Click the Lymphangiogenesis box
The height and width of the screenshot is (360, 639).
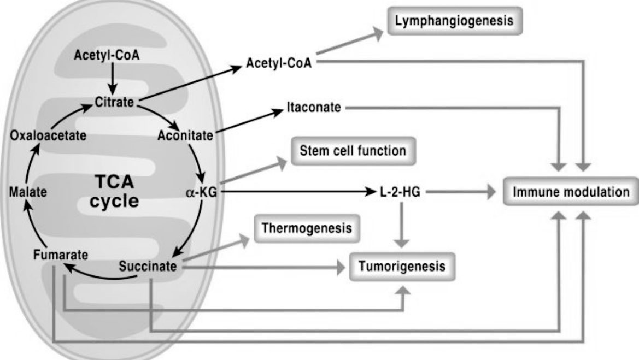tap(454, 21)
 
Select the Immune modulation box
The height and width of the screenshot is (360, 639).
tap(571, 191)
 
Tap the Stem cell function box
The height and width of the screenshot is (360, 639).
tap(353, 151)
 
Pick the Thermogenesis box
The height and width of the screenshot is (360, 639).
tap(307, 228)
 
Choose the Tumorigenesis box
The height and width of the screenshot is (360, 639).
tap(402, 267)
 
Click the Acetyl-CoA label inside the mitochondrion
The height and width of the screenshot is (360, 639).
tap(107, 55)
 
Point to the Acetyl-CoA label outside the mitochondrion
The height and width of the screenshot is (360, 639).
tap(279, 63)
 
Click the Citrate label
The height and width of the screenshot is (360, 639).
tap(114, 102)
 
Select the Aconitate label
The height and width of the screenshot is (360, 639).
tap(185, 135)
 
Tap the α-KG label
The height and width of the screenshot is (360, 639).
tap(201, 192)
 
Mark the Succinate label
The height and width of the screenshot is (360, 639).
tap(148, 267)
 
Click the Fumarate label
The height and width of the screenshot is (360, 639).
tap(61, 255)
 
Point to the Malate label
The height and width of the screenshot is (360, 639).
tap(28, 192)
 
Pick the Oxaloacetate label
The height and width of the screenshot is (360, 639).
tap(48, 135)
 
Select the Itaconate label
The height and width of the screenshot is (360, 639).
tap(314, 107)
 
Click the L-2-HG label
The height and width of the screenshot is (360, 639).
tap(400, 192)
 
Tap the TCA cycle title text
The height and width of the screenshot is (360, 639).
tap(114, 191)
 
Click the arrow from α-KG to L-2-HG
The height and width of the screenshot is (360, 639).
tap(299, 191)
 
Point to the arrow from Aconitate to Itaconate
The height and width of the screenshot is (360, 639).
tap(249, 121)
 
